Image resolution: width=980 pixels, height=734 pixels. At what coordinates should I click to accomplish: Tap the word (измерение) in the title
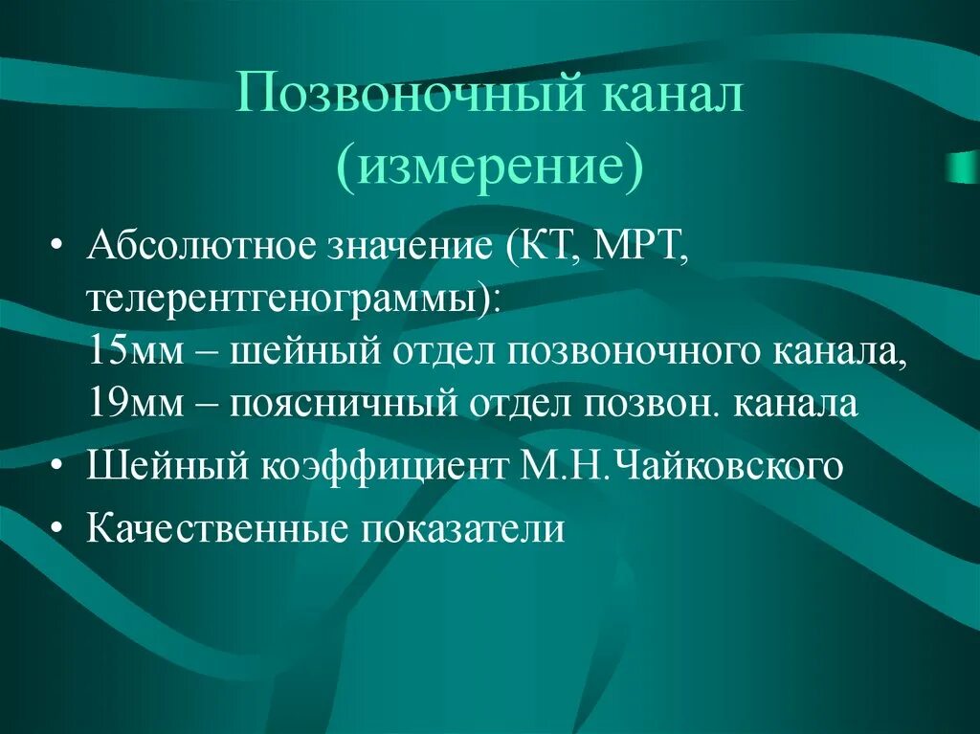[x=489, y=167]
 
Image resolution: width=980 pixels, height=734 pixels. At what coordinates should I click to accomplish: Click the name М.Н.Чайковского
[x=681, y=466]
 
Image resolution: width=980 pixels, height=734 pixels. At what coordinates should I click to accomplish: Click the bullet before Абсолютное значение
[x=57, y=248]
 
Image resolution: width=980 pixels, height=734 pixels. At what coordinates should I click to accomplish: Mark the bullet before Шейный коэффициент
[x=57, y=466]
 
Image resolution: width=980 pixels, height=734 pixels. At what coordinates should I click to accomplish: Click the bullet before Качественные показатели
[x=57, y=528]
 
